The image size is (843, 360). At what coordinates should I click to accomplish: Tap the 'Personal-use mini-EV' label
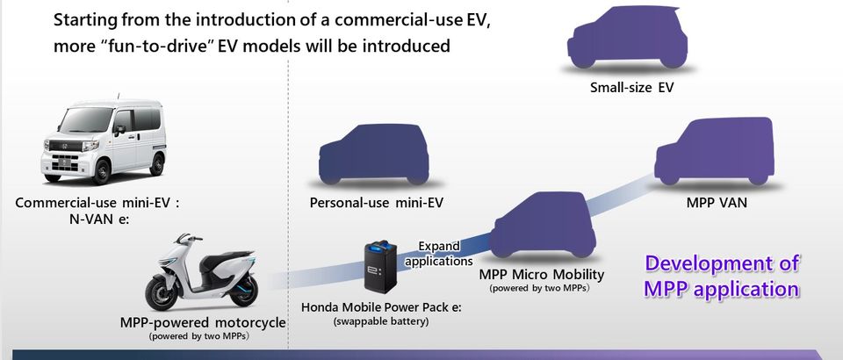point(376,204)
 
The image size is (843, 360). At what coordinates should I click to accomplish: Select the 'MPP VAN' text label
point(717,203)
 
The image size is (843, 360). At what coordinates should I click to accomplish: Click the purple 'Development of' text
point(722,263)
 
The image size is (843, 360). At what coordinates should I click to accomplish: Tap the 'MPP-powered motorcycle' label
point(202,322)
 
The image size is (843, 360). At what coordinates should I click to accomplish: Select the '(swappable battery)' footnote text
point(381,322)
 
